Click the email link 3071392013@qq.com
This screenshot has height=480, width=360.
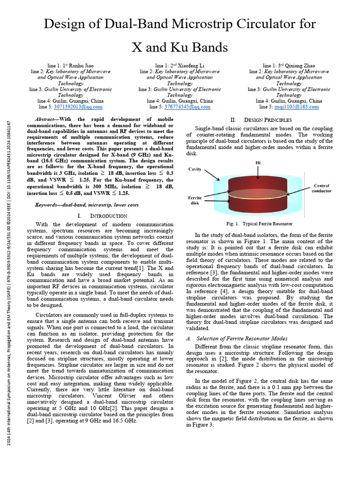click(78, 107)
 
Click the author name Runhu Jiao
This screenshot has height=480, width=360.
click(83, 65)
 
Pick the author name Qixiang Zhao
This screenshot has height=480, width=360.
click(301, 65)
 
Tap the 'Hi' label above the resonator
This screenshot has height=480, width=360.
click(258, 162)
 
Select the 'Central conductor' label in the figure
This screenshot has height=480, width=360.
click(322, 188)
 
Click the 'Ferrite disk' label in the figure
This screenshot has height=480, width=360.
click(195, 200)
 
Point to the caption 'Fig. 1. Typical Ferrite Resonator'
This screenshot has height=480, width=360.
click(259, 224)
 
